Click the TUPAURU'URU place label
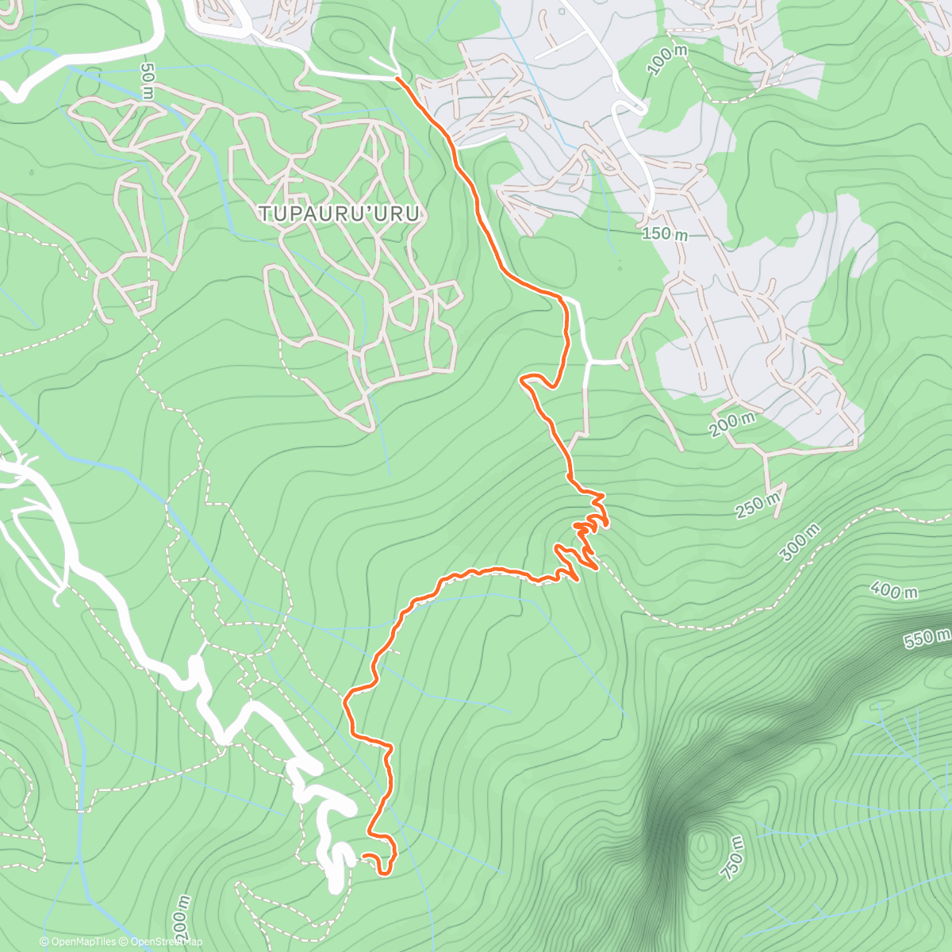[x=339, y=213]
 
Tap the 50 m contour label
[x=148, y=82]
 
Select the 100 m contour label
[x=666, y=60]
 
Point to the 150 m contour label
[x=665, y=234]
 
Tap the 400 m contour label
[x=893, y=590]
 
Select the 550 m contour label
[x=927, y=637]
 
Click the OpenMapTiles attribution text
[x=77, y=942]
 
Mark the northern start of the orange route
[x=397, y=79]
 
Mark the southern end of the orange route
[x=364, y=856]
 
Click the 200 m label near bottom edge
[x=182, y=920]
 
